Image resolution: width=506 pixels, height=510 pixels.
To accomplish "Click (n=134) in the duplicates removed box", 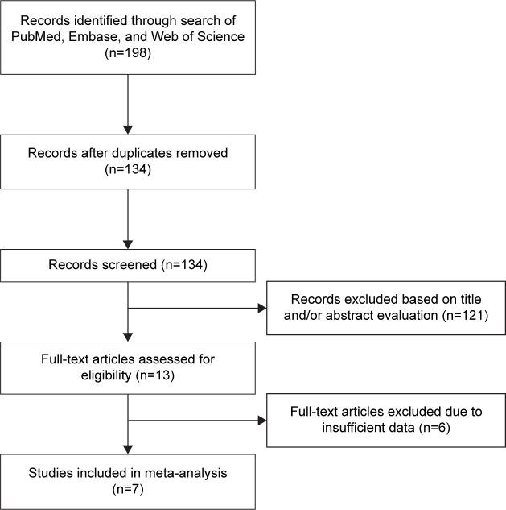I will coord(128,171).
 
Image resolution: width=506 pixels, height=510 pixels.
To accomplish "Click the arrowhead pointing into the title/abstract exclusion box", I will coord(262,308).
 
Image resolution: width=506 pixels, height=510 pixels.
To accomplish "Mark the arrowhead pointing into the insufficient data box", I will coord(262,419).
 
